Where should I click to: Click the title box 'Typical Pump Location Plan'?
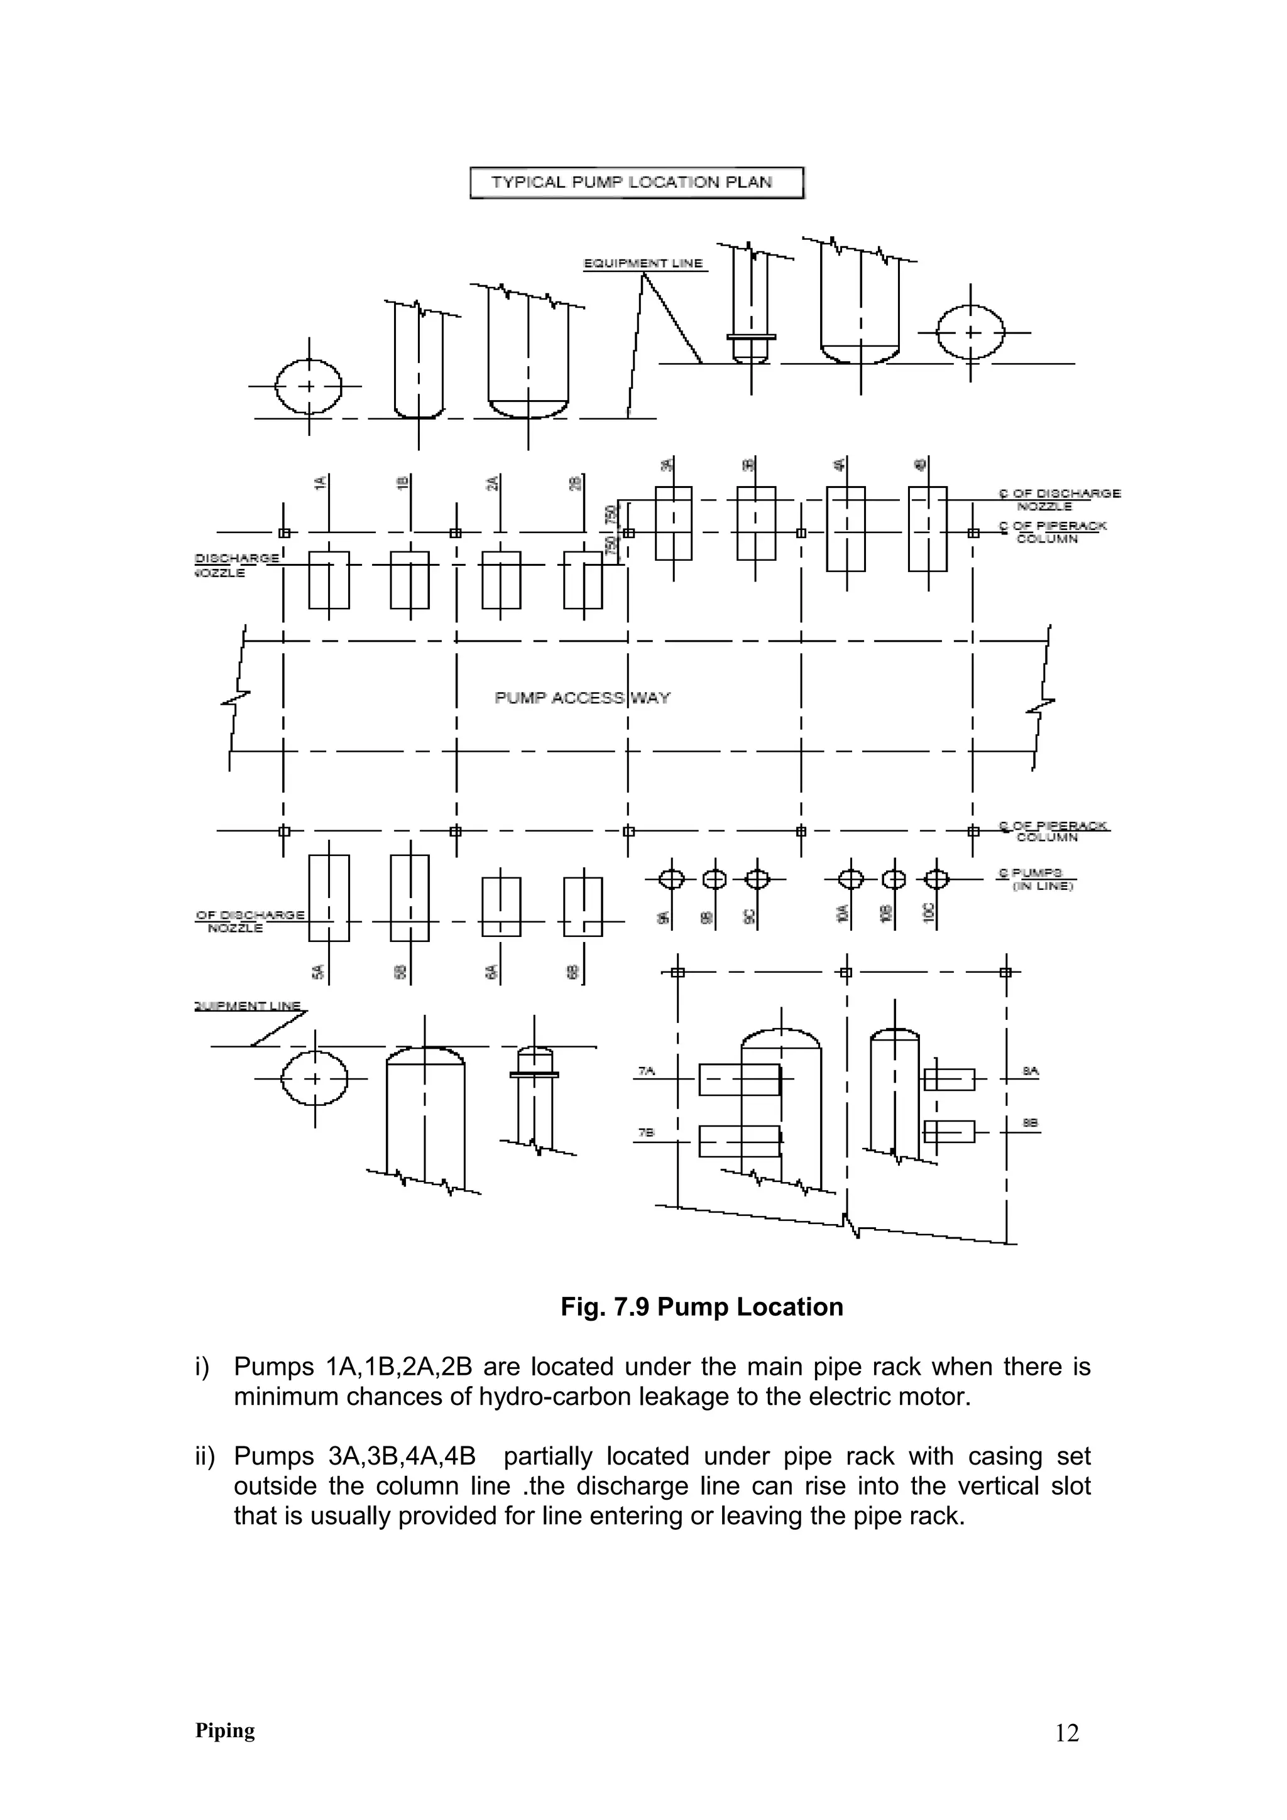coord(636,182)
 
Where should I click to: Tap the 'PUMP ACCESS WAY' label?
coord(582,698)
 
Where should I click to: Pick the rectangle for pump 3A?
coord(673,523)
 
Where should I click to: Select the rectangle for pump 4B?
coord(927,529)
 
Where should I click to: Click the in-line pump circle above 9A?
coord(672,879)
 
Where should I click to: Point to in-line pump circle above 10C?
coord(936,879)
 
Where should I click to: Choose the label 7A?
coord(646,1071)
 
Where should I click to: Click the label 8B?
coord(1030,1124)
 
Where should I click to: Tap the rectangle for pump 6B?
coord(583,907)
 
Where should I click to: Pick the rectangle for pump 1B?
coord(410,580)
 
